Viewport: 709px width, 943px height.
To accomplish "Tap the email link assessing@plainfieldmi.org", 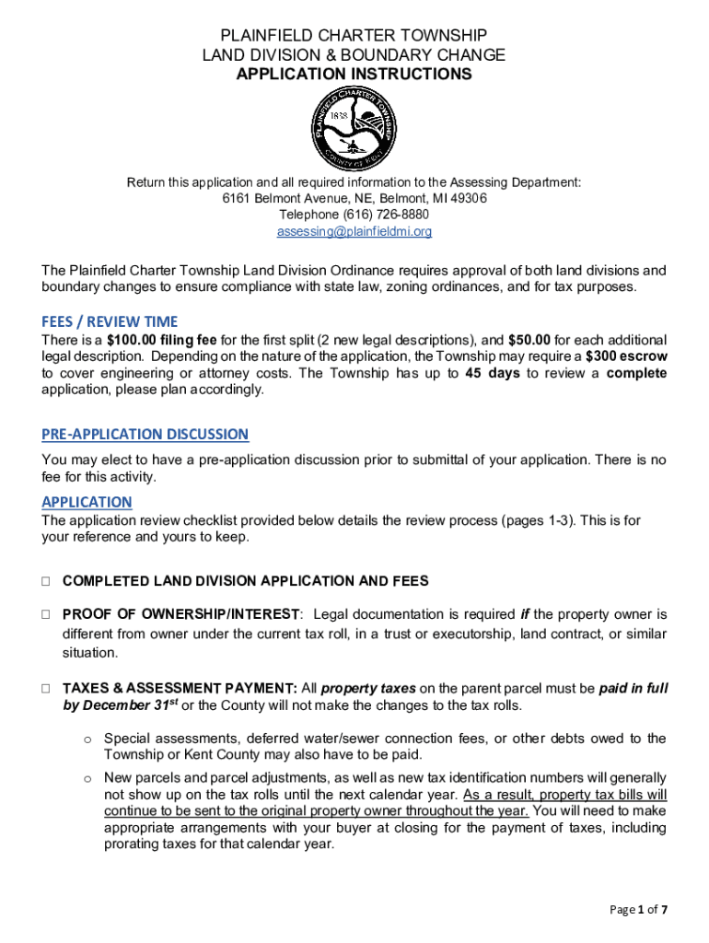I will (x=354, y=232).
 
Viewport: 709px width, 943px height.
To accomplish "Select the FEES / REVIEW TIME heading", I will (x=110, y=321).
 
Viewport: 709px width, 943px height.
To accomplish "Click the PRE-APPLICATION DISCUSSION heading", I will (x=145, y=434).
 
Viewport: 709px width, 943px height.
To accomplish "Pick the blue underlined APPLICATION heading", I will (x=87, y=502).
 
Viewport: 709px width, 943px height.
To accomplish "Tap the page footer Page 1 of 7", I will (x=638, y=910).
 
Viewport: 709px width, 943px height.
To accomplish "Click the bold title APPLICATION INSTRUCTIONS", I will (x=354, y=75).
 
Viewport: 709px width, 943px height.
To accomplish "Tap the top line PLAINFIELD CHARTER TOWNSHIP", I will (x=354, y=36).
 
